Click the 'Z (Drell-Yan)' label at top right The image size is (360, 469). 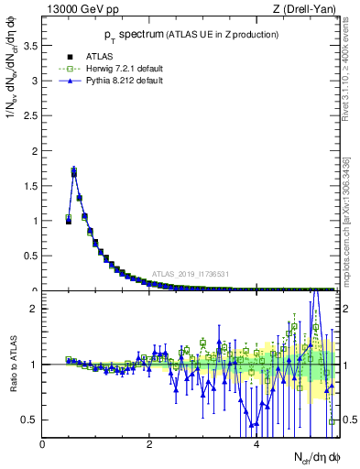pos(303,9)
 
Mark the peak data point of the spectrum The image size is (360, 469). pos(74,170)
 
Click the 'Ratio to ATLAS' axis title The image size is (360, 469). pos(12,364)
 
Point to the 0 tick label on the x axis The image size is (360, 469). pos(42,444)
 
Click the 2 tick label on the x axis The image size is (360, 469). pos(149,444)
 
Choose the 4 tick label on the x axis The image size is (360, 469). pos(256,444)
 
